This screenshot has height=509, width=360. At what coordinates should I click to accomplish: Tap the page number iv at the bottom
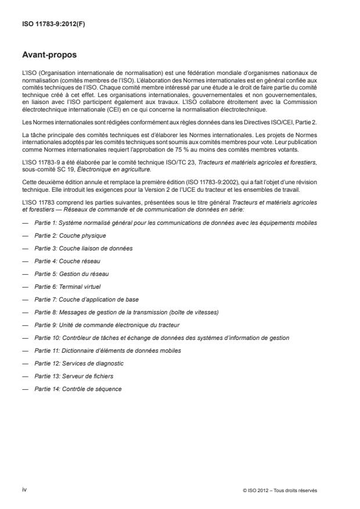[x=24, y=490]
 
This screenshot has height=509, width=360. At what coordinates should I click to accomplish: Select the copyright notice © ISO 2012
[x=280, y=491]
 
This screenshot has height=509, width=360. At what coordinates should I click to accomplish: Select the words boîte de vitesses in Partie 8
[x=198, y=312]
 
